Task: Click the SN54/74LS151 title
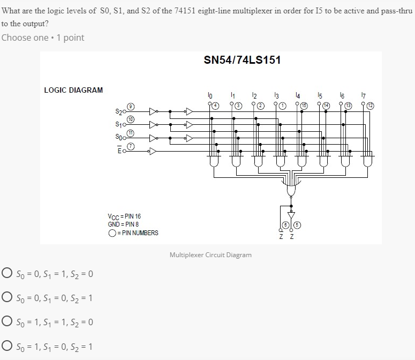[x=242, y=60]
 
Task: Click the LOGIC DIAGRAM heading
[x=73, y=90]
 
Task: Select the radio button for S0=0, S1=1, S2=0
[x=7, y=274]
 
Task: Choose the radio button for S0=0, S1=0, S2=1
[x=7, y=298]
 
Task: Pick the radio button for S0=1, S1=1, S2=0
[x=7, y=322]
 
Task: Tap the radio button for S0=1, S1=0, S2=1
[x=7, y=346]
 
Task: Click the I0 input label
[x=210, y=96]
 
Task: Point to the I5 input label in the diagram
[x=320, y=96]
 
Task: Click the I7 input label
[x=364, y=96]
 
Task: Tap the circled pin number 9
[x=130, y=107]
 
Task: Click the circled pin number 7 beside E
[x=130, y=146]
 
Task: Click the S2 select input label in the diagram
[x=118, y=112]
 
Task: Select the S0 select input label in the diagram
[x=118, y=138]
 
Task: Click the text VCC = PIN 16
[x=124, y=216]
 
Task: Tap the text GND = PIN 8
[x=124, y=224]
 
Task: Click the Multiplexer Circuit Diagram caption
[x=210, y=255]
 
